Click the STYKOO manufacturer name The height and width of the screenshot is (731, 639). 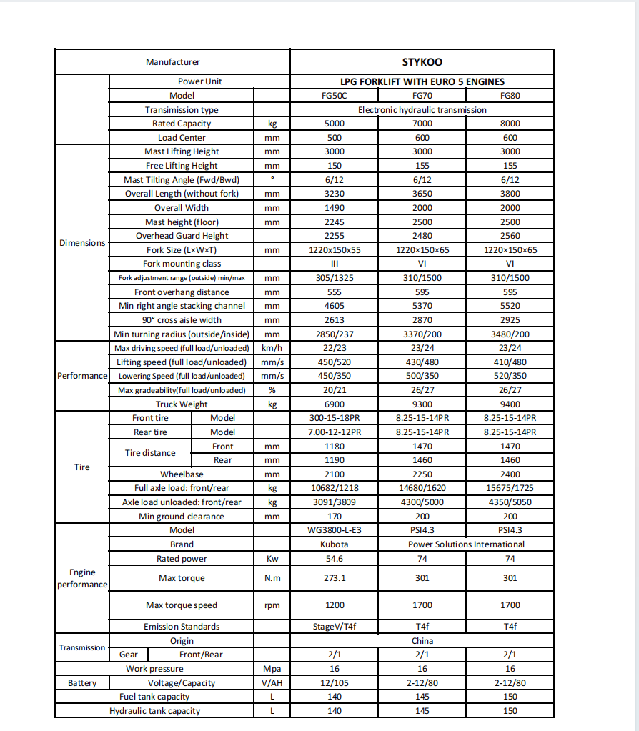422,62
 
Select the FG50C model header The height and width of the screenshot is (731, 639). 334,96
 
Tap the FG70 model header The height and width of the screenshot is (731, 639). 422,96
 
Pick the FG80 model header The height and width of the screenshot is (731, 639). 510,96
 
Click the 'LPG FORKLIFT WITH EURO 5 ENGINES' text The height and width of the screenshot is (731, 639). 422,81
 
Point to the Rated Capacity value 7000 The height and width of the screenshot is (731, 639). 422,124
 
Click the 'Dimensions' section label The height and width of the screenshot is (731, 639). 82,243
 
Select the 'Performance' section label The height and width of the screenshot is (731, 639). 82,376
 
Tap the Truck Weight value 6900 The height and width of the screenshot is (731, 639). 334,404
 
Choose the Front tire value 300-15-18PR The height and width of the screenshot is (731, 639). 334,418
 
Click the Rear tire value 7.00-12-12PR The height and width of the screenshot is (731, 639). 334,432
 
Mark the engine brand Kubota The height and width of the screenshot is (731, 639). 334,544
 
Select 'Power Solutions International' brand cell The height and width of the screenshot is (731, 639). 466,544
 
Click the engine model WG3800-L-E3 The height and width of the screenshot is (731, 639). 334,530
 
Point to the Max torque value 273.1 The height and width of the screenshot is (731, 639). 334,578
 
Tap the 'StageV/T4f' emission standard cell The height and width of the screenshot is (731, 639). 334,627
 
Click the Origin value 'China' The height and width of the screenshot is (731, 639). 422,641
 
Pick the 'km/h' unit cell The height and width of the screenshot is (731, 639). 272,348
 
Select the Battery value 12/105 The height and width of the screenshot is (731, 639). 334,683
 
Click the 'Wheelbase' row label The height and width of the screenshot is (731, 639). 182,474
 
